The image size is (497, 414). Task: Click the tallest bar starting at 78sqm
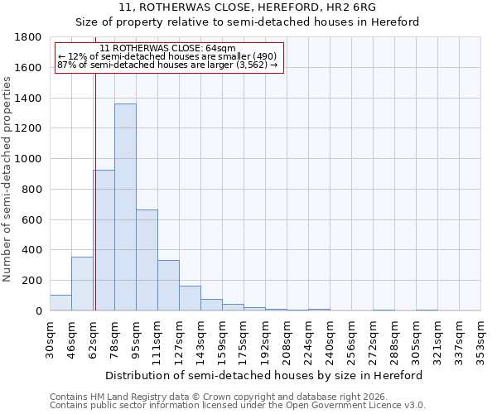[x=125, y=207]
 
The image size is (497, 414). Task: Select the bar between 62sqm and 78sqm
[x=104, y=240]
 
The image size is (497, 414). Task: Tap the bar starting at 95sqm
[x=147, y=260]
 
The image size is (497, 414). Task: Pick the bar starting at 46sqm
[x=82, y=284]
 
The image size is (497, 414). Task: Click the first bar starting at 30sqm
[x=60, y=303]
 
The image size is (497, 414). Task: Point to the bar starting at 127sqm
[x=190, y=298]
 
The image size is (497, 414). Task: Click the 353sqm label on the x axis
[x=480, y=339]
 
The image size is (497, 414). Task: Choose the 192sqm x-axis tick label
[x=265, y=339]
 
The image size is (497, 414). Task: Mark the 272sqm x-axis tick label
[x=373, y=339]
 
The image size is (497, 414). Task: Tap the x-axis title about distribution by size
[x=264, y=375]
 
